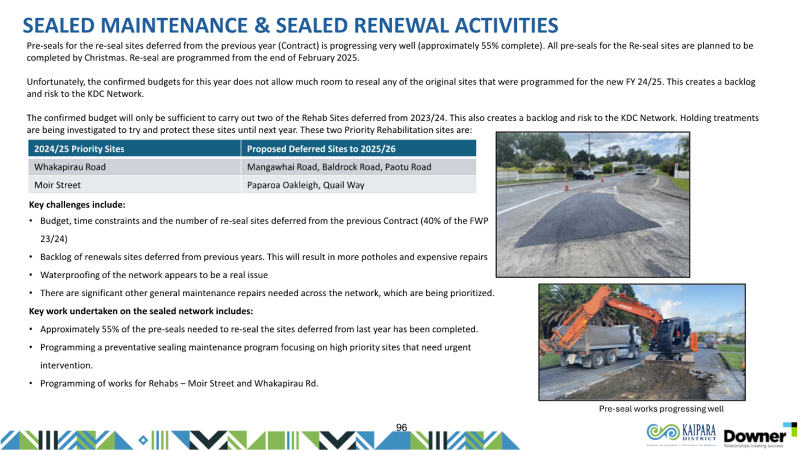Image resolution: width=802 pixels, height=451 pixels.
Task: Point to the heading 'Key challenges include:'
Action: point(77,205)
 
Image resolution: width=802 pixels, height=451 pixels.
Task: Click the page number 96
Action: point(402,427)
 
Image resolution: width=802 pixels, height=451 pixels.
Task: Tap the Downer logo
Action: point(759,436)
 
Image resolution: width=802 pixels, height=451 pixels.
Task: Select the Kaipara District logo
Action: point(681,434)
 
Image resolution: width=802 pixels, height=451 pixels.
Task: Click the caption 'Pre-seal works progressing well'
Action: point(661,408)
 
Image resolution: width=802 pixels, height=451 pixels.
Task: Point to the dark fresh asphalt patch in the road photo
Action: point(587,219)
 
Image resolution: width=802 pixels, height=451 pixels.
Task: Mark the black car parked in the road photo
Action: point(583,174)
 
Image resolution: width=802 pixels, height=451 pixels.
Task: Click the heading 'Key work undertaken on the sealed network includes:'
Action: point(141,311)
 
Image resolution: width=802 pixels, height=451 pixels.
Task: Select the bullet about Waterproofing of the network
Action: point(154,275)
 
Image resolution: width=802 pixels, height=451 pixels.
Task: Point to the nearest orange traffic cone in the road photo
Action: point(566,184)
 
